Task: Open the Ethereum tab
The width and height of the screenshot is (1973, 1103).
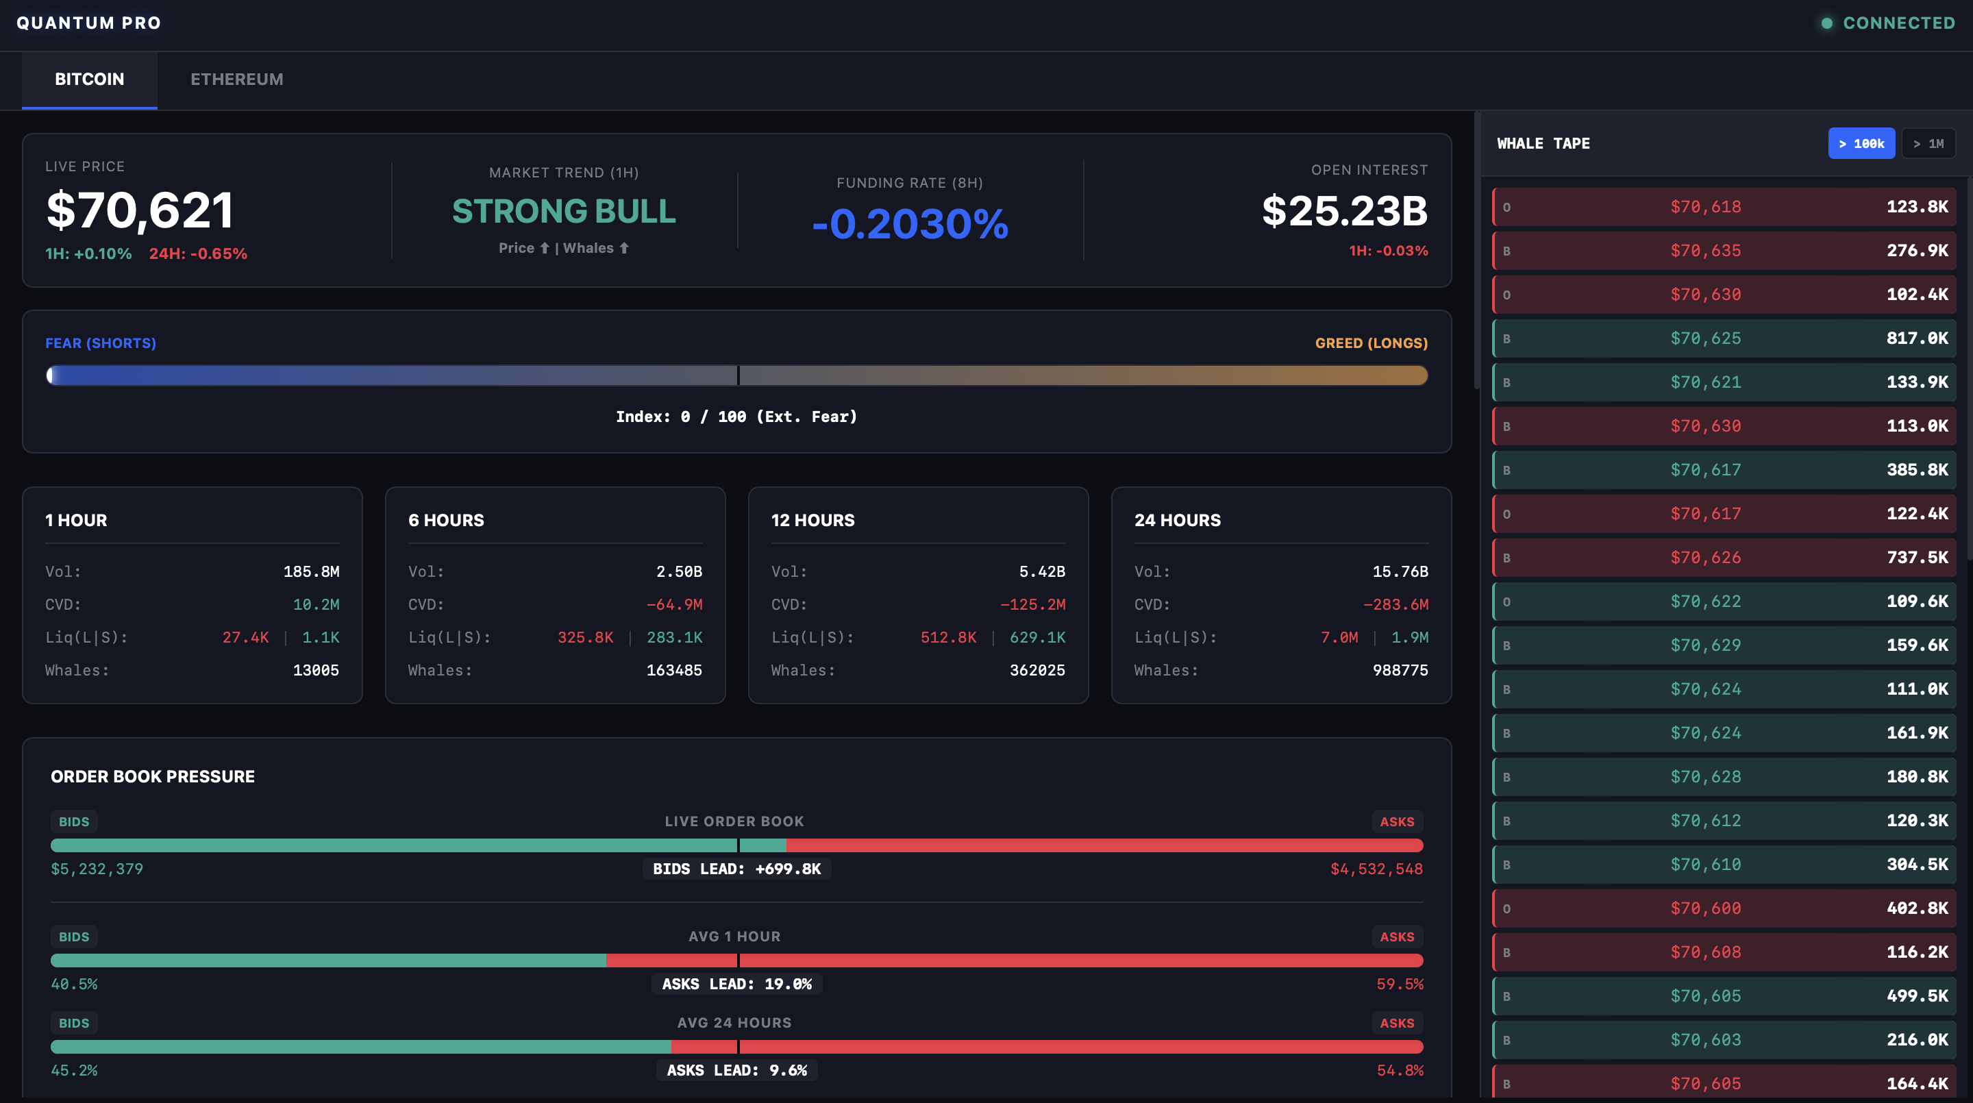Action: [x=236, y=79]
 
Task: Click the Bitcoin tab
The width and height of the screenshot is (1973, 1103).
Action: [x=90, y=79]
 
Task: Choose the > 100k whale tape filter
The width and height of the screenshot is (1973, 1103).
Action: [x=1861, y=143]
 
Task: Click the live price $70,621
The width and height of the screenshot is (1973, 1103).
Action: [x=140, y=210]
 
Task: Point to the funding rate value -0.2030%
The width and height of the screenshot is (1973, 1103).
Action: [x=909, y=223]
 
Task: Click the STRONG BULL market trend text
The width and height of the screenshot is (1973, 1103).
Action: [x=564, y=212]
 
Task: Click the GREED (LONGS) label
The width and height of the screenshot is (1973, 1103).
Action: [x=1371, y=343]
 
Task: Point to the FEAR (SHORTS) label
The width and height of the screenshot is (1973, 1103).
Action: [x=100, y=343]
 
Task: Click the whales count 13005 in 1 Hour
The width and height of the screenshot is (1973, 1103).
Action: [x=316, y=670]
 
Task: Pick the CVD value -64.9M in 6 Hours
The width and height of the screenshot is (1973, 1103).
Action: [x=674, y=604]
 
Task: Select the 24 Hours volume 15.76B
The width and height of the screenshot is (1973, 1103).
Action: [x=1400, y=571]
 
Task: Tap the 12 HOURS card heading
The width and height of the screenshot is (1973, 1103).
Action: [x=812, y=520]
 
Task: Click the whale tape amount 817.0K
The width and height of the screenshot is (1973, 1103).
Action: [x=1916, y=338]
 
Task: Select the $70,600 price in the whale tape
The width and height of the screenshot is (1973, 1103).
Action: [x=1706, y=908]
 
